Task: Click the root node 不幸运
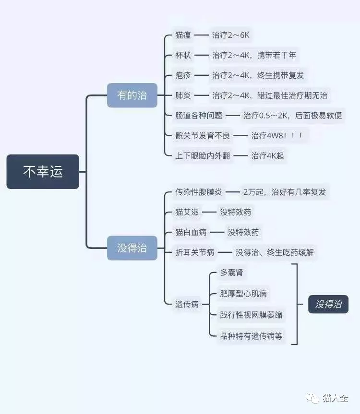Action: [x=43, y=172]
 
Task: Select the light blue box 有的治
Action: [x=132, y=95]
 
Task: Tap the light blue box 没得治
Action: [x=132, y=248]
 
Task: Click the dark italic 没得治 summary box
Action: [x=328, y=304]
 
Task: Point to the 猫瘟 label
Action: [x=183, y=35]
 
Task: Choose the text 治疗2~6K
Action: [x=230, y=35]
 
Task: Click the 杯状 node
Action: [x=183, y=55]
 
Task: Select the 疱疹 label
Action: [x=183, y=75]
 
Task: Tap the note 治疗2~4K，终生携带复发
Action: [x=258, y=75]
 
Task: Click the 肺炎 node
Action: [x=183, y=95]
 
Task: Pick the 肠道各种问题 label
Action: [x=199, y=116]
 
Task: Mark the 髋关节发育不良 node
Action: [x=203, y=136]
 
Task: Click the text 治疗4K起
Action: [x=267, y=156]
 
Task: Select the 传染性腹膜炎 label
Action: [x=199, y=192]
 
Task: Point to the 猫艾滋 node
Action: [x=187, y=212]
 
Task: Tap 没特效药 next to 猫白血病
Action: [x=243, y=232]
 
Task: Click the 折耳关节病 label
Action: [x=195, y=252]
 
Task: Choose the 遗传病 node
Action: [x=187, y=304]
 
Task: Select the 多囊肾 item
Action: [x=232, y=272]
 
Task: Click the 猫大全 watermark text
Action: [x=335, y=398]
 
